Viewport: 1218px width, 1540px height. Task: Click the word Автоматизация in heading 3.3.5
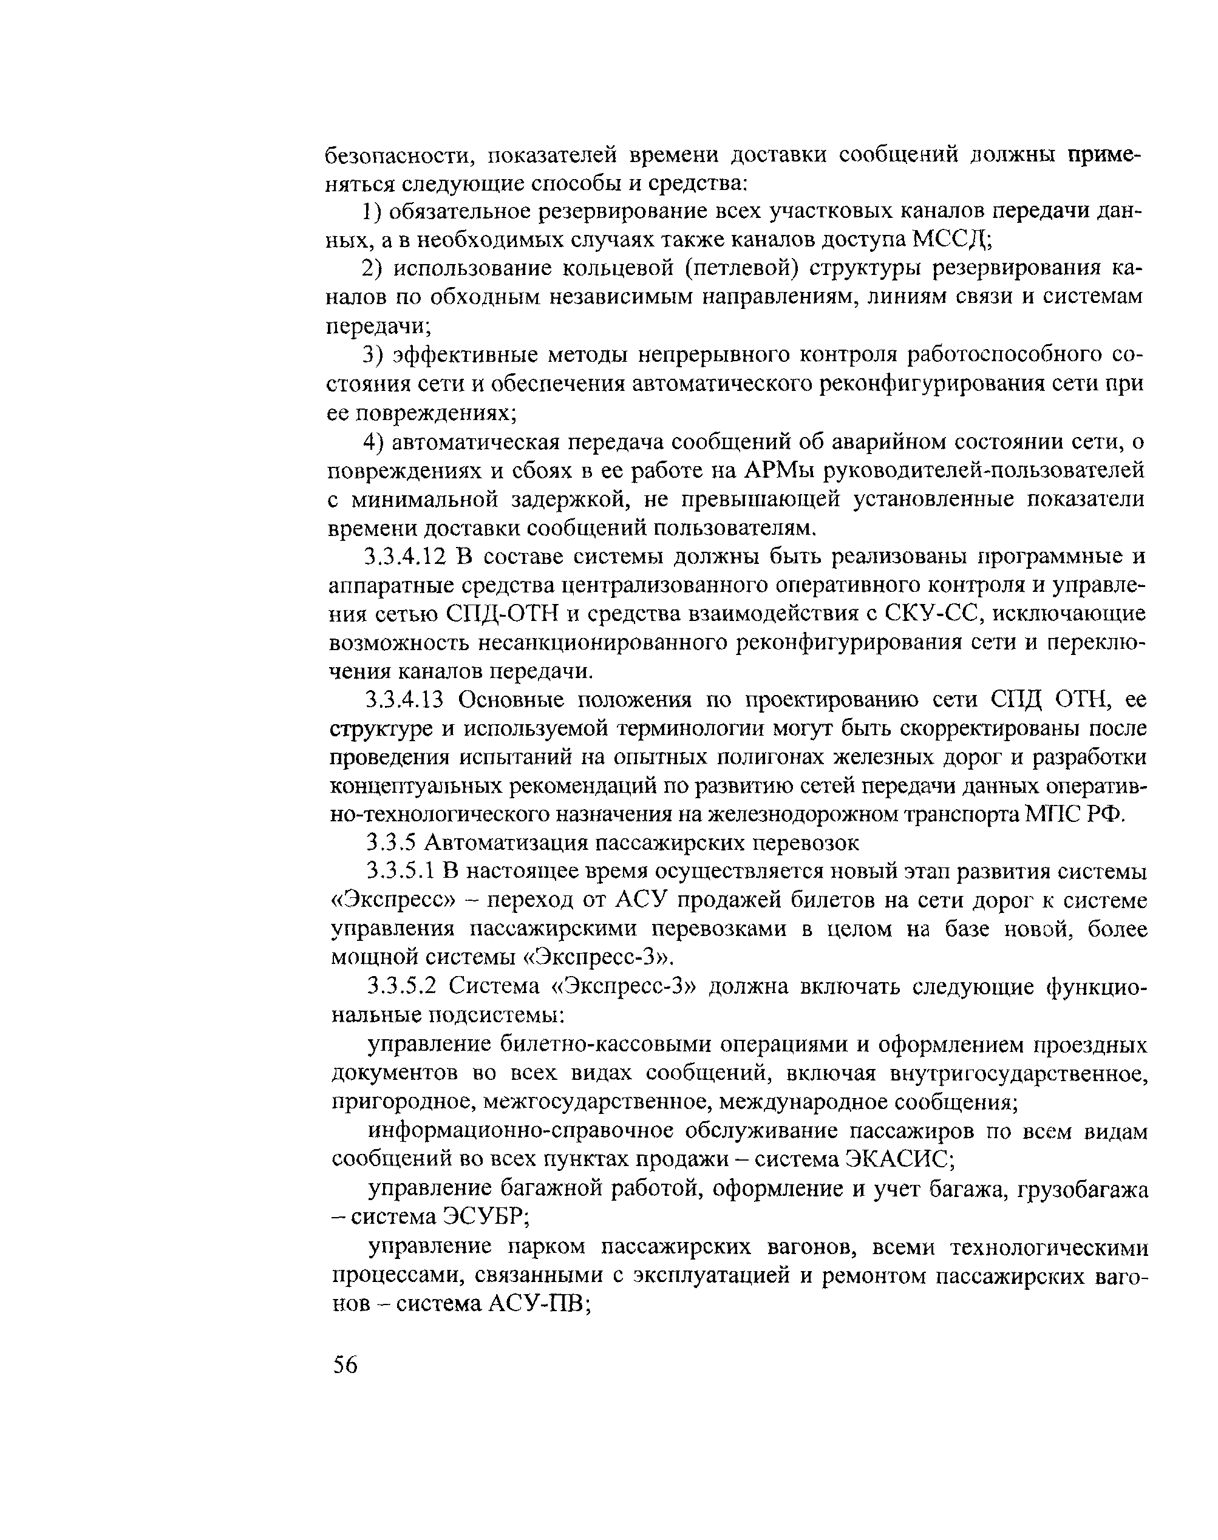(x=503, y=843)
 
